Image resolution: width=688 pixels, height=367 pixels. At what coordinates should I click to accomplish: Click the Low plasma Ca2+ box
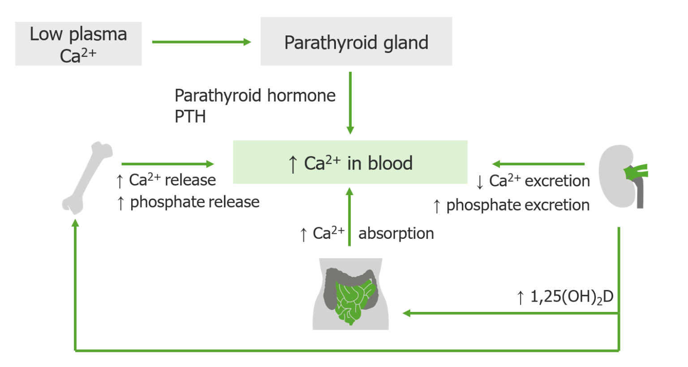pos(78,44)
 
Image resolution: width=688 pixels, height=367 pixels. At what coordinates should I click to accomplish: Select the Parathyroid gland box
pos(356,42)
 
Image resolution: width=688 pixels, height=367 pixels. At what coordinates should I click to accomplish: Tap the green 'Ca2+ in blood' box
pos(350,162)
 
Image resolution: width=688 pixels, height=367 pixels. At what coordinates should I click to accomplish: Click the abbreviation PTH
pos(190,117)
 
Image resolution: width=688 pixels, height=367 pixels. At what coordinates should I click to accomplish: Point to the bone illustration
pos(87,178)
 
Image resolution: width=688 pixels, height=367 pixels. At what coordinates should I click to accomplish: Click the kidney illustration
pos(620,176)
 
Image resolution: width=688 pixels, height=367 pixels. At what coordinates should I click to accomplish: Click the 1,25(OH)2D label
pos(571,297)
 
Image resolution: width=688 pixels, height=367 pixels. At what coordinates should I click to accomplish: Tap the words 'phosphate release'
pos(194,202)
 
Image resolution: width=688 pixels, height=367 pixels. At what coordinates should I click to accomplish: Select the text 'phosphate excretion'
pos(517,205)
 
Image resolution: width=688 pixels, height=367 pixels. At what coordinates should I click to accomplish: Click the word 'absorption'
pos(396,233)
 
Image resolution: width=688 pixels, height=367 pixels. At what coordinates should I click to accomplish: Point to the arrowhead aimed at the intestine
pos(406,313)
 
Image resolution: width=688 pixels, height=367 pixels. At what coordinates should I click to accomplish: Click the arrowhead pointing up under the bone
pos(75,223)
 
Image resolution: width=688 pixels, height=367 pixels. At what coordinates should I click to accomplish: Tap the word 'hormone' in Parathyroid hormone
pos(301,95)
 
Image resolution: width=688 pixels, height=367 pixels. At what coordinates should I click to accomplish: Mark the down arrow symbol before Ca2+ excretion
pos(480,182)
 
